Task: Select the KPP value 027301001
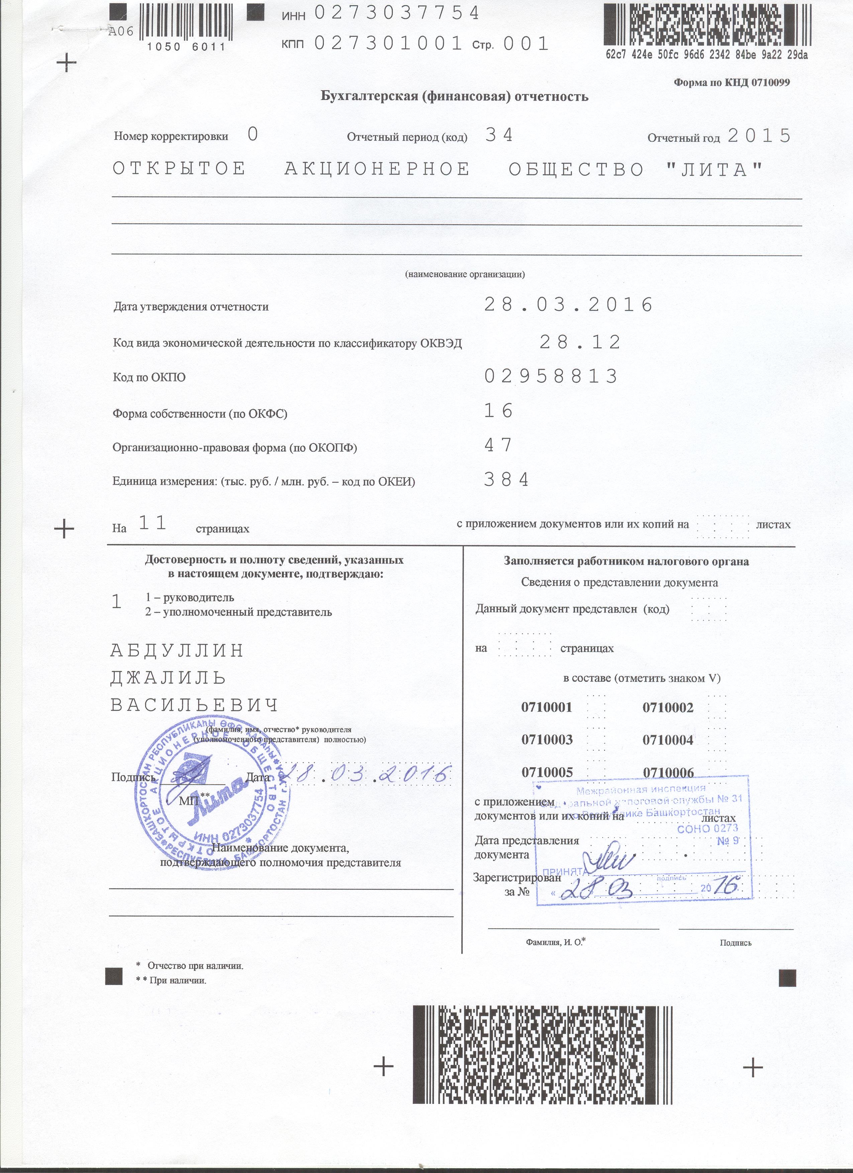point(388,44)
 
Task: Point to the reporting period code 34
point(499,135)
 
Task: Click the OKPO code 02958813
point(551,377)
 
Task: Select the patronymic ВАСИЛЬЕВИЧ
point(195,705)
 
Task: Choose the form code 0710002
point(668,707)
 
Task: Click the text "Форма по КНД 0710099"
point(731,82)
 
